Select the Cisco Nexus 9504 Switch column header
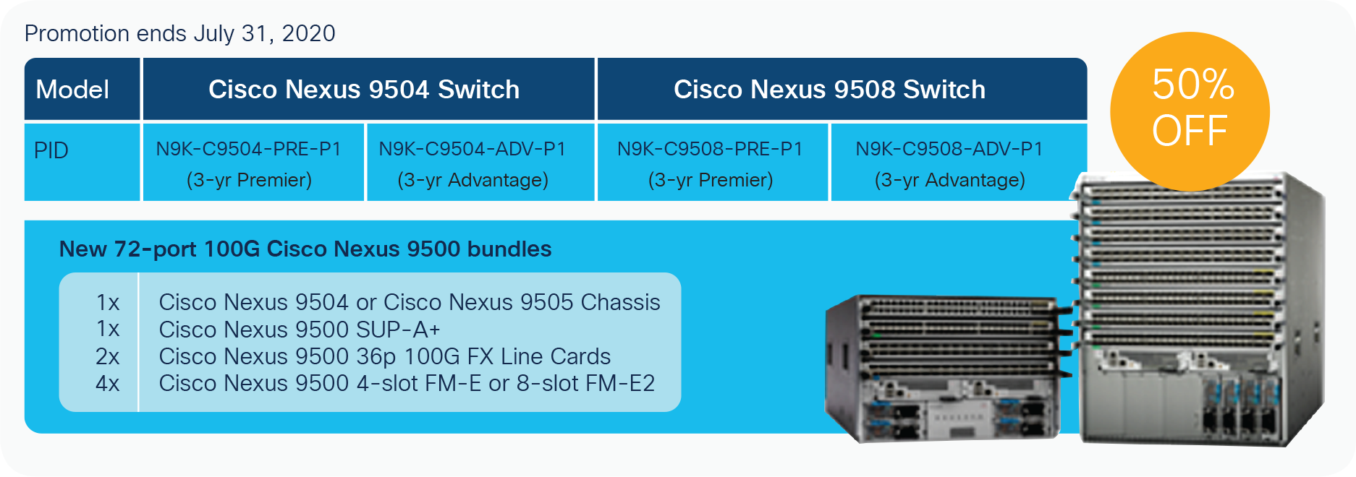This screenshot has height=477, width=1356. tap(364, 90)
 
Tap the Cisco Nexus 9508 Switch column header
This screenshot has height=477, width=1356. tap(829, 90)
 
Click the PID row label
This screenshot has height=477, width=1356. tap(51, 151)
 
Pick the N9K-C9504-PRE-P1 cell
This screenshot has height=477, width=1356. tap(249, 163)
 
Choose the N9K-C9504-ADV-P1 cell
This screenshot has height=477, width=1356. tap(473, 163)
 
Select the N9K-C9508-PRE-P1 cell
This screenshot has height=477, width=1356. tap(710, 163)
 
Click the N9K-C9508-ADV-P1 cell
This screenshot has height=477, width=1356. tap(949, 163)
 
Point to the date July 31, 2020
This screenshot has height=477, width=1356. tap(264, 33)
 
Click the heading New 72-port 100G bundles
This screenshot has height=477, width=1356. tap(305, 249)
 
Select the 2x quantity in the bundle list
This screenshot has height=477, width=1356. tap(107, 356)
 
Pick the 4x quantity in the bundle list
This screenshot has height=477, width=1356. tap(107, 383)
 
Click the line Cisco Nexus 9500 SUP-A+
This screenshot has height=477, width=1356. tap(299, 330)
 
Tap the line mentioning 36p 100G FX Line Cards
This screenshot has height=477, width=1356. tap(384, 356)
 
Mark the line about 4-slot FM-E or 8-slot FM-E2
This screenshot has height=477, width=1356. tap(406, 383)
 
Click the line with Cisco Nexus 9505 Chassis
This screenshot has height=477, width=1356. tap(409, 302)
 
